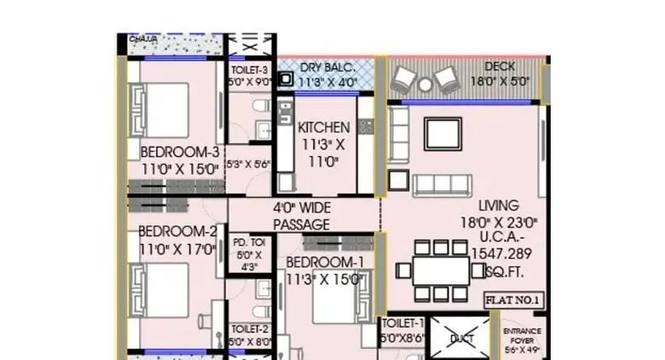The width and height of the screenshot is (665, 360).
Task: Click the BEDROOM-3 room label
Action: [x=180, y=152]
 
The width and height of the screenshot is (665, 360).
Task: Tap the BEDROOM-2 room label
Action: [x=178, y=230]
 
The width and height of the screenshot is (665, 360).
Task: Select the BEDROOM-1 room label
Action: [x=325, y=262]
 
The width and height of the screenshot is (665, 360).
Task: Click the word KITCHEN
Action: [x=324, y=127]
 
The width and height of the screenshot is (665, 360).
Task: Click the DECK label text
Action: [x=500, y=67]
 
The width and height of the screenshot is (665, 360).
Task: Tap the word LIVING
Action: [x=497, y=205]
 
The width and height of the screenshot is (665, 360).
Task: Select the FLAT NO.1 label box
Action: [x=516, y=299]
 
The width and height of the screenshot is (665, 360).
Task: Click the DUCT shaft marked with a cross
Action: [x=460, y=338]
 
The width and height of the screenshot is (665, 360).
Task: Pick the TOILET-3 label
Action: [x=250, y=69]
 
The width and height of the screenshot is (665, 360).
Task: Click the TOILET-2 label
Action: [x=249, y=329]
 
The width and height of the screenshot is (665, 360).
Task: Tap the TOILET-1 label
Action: [x=402, y=323]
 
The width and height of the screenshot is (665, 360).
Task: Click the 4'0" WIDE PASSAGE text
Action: [x=301, y=216]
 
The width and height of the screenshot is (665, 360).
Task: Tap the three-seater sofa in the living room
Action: [x=442, y=184]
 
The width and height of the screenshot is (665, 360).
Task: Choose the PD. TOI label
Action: [x=249, y=243]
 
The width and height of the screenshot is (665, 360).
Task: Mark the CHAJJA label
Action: [x=143, y=38]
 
